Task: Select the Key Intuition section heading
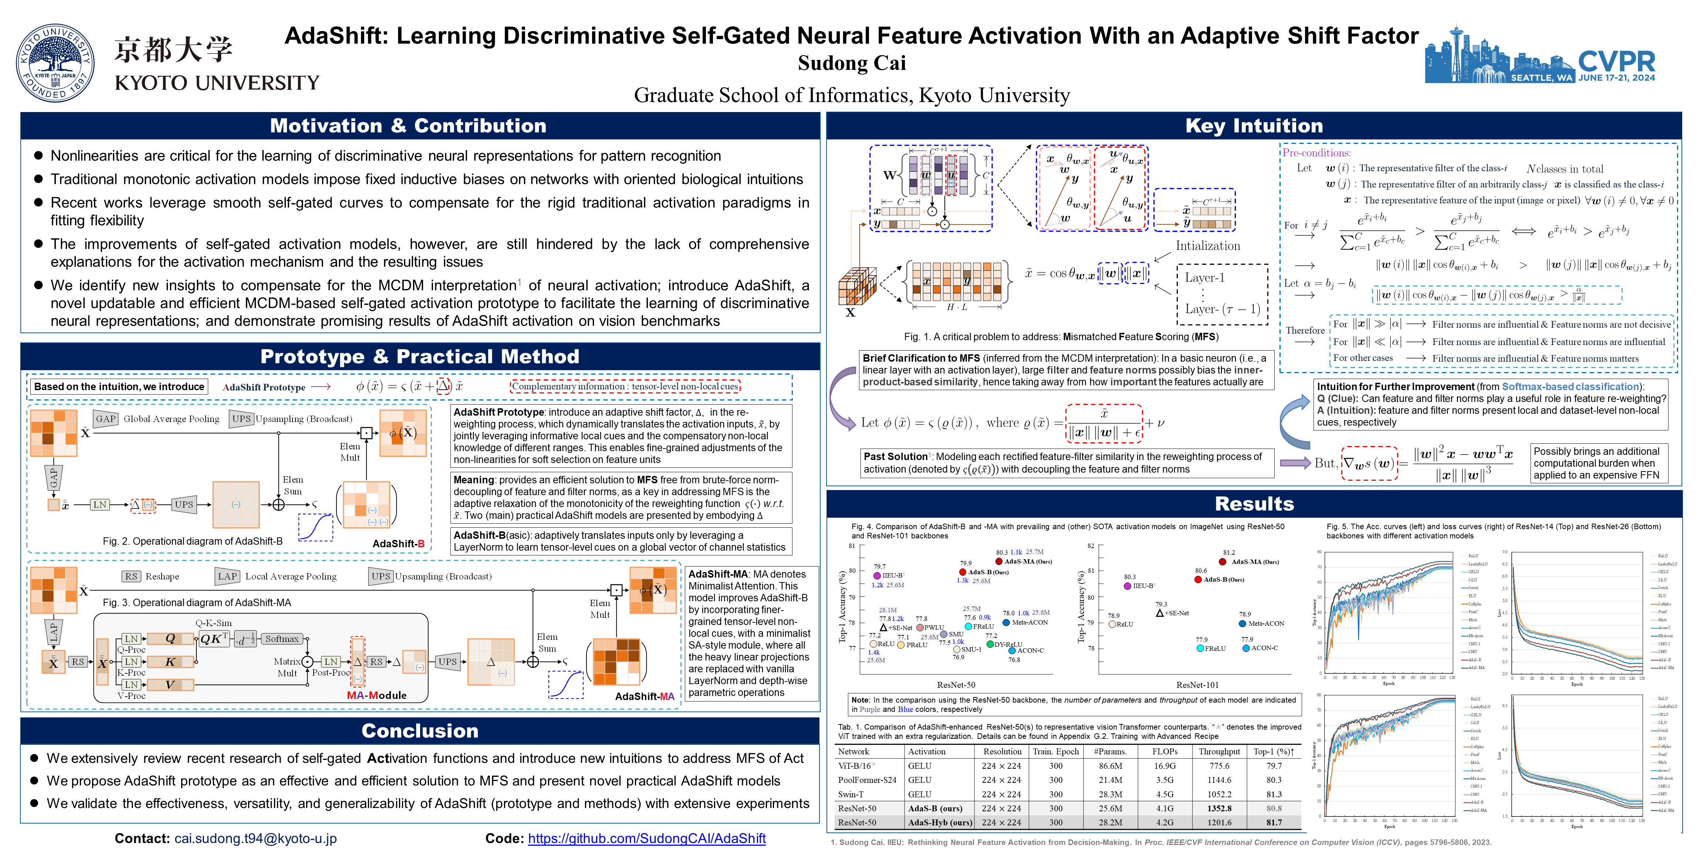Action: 1254,126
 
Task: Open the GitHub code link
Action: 646,838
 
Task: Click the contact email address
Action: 255,838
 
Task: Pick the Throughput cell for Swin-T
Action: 1219,794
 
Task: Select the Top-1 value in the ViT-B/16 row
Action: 1273,766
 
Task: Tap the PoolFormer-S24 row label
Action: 866,780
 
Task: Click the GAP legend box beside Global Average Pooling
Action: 106,419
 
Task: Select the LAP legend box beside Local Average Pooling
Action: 227,576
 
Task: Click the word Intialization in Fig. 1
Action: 1207,246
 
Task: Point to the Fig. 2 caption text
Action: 193,541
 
